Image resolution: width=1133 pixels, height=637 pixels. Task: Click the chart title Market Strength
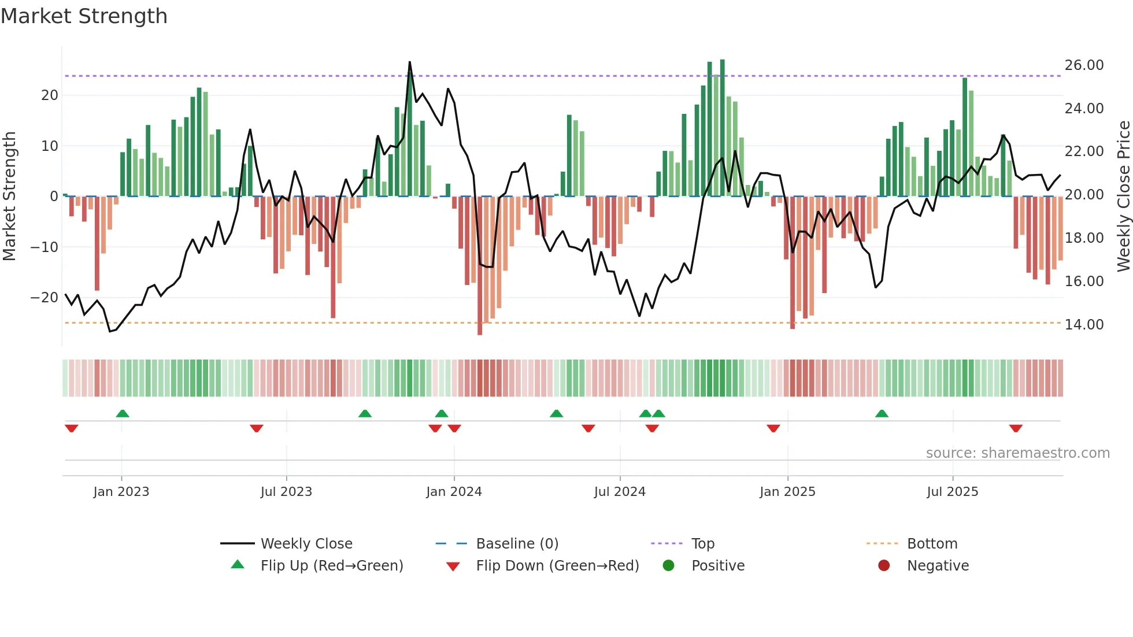pyautogui.click(x=84, y=16)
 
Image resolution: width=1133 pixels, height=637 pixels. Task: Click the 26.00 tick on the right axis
pyautogui.click(x=1084, y=65)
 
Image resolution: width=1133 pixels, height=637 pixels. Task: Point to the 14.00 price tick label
pyautogui.click(x=1084, y=325)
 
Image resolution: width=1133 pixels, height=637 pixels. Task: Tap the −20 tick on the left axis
pyautogui.click(x=45, y=298)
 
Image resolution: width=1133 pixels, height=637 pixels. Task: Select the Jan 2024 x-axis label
pyautogui.click(x=454, y=492)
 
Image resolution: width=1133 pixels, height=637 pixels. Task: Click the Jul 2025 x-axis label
pyautogui.click(x=952, y=492)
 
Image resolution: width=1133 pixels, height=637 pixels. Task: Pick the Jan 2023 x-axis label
pyautogui.click(x=121, y=492)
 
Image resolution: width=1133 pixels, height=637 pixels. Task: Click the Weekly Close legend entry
pyautogui.click(x=306, y=544)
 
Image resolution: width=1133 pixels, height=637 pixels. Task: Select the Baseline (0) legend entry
pyautogui.click(x=517, y=544)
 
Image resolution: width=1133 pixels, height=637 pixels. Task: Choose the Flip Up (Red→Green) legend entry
pyautogui.click(x=331, y=566)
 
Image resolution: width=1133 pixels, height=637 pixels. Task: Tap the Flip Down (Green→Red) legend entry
pyautogui.click(x=557, y=566)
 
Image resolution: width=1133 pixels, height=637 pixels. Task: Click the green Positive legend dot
pyautogui.click(x=669, y=566)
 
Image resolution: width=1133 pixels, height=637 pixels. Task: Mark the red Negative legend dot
pyautogui.click(x=884, y=566)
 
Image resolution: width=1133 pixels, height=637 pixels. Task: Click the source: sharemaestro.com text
pyautogui.click(x=1017, y=453)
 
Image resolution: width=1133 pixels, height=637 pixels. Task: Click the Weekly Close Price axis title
pyautogui.click(x=1123, y=197)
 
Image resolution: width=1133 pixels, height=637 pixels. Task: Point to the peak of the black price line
pyautogui.click(x=410, y=62)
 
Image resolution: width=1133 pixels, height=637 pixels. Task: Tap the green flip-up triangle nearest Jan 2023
pyautogui.click(x=123, y=413)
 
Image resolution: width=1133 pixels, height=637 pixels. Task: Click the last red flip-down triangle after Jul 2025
pyautogui.click(x=1016, y=428)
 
